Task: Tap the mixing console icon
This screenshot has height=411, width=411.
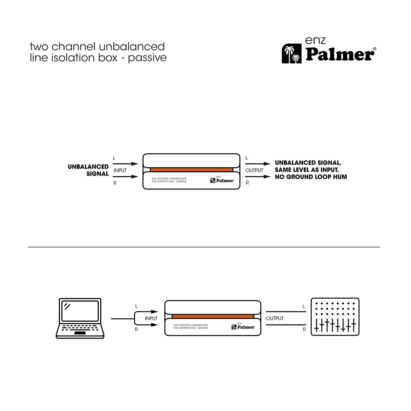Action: point(335,317)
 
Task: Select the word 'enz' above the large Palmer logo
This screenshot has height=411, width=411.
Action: point(315,40)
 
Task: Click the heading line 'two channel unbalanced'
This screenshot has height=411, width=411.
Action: point(97,46)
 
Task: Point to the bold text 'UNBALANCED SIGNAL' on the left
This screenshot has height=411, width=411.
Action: point(88,170)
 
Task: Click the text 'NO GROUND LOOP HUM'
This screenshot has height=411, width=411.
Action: point(310,177)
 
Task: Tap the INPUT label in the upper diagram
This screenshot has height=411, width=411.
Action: point(120,170)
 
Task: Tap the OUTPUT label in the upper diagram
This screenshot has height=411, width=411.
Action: point(254,170)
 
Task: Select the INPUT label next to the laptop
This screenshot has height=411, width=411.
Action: point(151,318)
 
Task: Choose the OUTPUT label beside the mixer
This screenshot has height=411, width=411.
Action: point(275,318)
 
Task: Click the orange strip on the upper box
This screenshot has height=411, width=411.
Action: point(191,170)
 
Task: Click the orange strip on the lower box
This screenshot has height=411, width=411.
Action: point(213,316)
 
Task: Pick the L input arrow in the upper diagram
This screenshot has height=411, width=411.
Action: point(126,164)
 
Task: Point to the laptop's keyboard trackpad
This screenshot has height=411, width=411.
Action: point(80,333)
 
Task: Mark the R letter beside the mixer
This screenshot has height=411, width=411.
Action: point(304,329)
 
